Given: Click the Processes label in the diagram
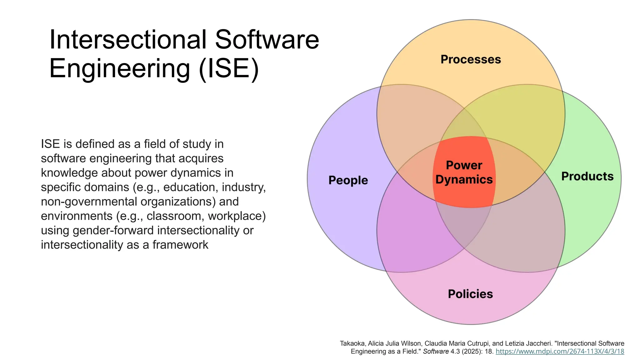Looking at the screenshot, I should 471,59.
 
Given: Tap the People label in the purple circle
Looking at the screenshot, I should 348,180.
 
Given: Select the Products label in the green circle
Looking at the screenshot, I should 587,176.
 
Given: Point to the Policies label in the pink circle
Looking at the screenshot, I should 470,294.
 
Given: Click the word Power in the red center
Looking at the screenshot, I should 464,165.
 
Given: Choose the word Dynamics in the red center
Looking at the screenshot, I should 464,179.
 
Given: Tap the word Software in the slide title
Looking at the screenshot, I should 267,40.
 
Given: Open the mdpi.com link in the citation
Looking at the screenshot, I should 560,351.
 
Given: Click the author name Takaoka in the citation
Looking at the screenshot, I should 352,343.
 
